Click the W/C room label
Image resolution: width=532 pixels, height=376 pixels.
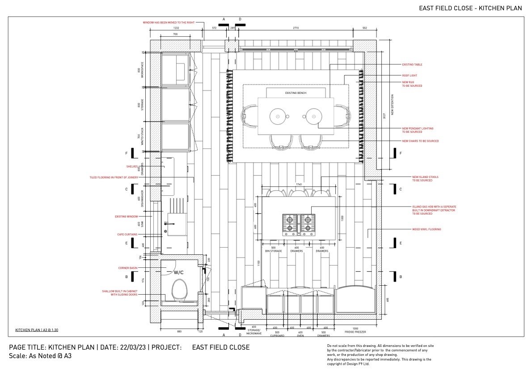tap(179, 272)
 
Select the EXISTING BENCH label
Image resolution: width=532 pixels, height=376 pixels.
tap(296, 93)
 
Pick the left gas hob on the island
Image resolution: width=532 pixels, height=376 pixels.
tap(290, 224)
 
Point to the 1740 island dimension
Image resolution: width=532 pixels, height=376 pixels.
tap(299, 184)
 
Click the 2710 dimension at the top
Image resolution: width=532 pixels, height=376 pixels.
tap(296, 28)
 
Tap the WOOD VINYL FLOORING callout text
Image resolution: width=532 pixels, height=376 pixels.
tap(426, 229)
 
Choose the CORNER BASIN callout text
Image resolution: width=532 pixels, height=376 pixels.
tap(128, 268)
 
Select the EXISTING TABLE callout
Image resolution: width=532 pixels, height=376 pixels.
tap(412, 65)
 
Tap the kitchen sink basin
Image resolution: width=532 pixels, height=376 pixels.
tap(177, 224)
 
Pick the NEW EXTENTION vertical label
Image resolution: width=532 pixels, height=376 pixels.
tap(393, 105)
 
